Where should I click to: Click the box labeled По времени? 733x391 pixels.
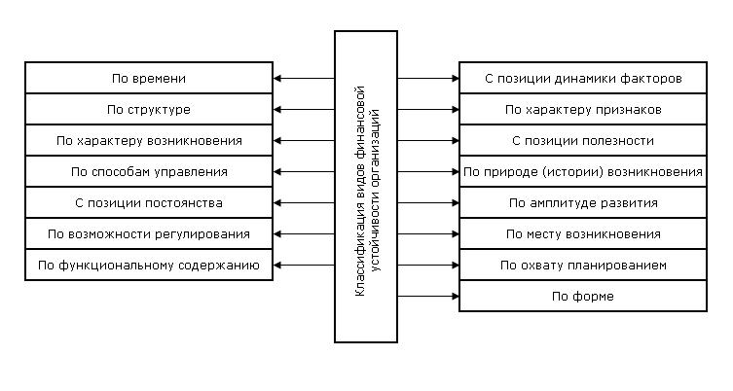(149, 78)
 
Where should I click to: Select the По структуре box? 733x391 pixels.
(149, 109)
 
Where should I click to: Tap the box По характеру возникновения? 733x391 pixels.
(149, 140)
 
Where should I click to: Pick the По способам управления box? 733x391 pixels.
(149, 171)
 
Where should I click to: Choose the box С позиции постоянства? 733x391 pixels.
(149, 202)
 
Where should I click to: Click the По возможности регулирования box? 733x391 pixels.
(149, 233)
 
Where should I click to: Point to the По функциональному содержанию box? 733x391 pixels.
(149, 265)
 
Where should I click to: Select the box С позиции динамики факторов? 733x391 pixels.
(583, 78)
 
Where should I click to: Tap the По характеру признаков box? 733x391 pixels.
(583, 109)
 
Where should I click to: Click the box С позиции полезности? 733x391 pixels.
(583, 140)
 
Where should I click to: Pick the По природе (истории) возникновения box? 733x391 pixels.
(583, 171)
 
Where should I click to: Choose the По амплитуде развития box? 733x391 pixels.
(583, 202)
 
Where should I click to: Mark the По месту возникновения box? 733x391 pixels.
(583, 233)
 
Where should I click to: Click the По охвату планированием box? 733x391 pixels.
(583, 265)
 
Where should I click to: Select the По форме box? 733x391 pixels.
(583, 296)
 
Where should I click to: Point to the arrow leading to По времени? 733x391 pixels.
(304, 78)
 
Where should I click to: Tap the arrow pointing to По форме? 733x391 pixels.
(428, 296)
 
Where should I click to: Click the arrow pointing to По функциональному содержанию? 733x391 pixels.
(304, 265)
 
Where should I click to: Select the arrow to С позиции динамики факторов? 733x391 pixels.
(428, 78)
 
